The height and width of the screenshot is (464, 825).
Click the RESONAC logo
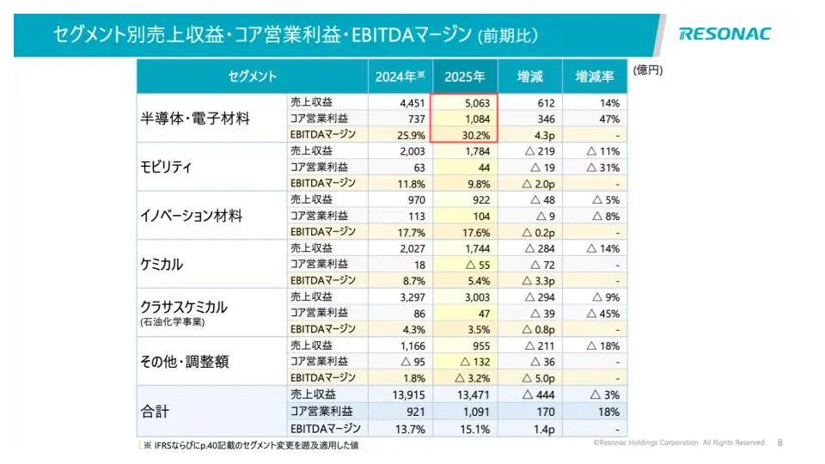coord(725,34)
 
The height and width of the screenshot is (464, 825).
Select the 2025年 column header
coord(465,76)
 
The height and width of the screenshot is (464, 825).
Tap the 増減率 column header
coord(595,76)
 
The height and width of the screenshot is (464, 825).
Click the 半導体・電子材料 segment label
coord(195,119)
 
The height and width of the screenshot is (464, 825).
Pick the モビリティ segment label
coord(166,168)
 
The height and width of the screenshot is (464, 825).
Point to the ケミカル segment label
coord(162,264)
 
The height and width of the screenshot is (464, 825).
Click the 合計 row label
coord(155,412)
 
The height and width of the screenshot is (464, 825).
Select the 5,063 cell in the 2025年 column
coord(477,103)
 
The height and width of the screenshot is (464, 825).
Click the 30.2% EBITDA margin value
coord(476,135)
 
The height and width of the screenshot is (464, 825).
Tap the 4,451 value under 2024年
coord(412,103)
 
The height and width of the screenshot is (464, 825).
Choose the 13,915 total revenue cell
coord(409,395)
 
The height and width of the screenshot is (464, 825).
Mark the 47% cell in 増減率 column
coord(609,119)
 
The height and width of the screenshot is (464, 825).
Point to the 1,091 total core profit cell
coord(476,412)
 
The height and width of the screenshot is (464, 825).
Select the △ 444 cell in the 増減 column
coord(539,395)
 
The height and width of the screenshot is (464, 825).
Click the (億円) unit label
coord(648,70)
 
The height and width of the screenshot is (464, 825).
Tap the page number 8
coord(779,443)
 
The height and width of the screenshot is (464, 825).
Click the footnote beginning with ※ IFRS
coord(251,445)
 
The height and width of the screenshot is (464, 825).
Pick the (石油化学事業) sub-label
coord(173,322)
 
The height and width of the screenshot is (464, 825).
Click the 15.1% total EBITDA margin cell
coord(475,430)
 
